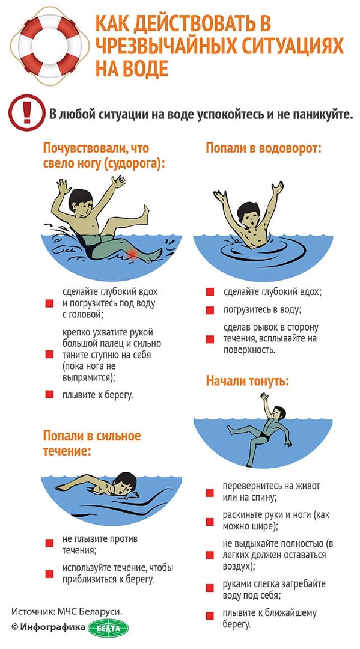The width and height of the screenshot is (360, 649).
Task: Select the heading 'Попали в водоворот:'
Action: [x=264, y=148]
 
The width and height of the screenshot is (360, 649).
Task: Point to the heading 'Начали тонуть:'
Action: [x=248, y=380]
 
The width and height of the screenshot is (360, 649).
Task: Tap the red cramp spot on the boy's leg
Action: [x=132, y=253]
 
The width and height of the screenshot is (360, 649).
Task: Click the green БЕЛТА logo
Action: [x=108, y=627]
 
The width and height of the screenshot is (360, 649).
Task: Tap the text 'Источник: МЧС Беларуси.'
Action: [x=67, y=611]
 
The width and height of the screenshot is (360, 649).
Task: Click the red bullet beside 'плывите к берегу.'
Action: [x=49, y=394]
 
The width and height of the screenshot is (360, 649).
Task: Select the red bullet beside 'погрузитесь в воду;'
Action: [x=210, y=310]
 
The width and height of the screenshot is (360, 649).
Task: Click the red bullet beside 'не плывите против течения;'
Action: [x=49, y=543]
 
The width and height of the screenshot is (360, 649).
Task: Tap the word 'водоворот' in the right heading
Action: [x=290, y=148]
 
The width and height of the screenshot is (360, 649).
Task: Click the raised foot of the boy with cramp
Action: [x=144, y=212]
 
